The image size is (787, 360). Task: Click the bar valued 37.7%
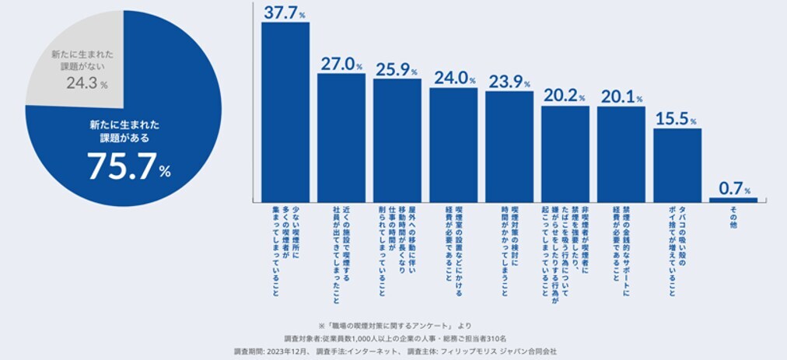click(285, 112)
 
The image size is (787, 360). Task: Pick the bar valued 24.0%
click(453, 145)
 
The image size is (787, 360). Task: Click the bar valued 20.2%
click(565, 154)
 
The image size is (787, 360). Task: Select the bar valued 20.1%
click(621, 154)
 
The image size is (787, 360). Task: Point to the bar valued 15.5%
click(677, 165)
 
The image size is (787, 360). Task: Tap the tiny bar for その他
click(733, 200)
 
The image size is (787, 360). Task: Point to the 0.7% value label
click(733, 187)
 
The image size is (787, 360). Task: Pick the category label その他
click(733, 217)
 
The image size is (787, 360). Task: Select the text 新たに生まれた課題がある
click(118, 131)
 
